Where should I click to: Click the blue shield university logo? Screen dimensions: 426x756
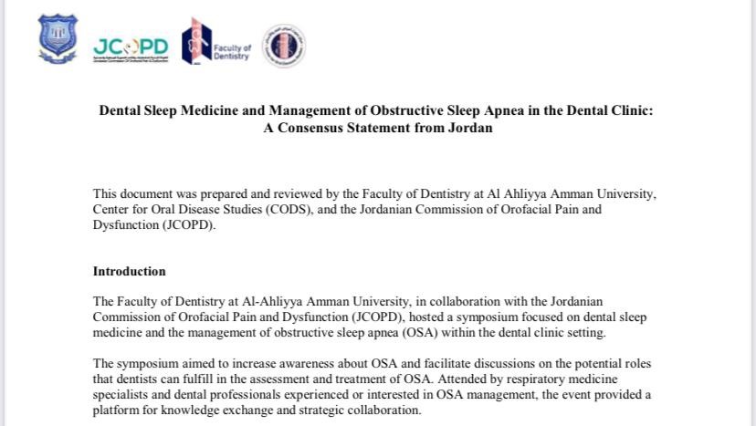(58, 39)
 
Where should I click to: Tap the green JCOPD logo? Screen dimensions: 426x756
(131, 47)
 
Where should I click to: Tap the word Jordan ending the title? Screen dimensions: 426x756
(469, 129)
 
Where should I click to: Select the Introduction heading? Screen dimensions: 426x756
(130, 272)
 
